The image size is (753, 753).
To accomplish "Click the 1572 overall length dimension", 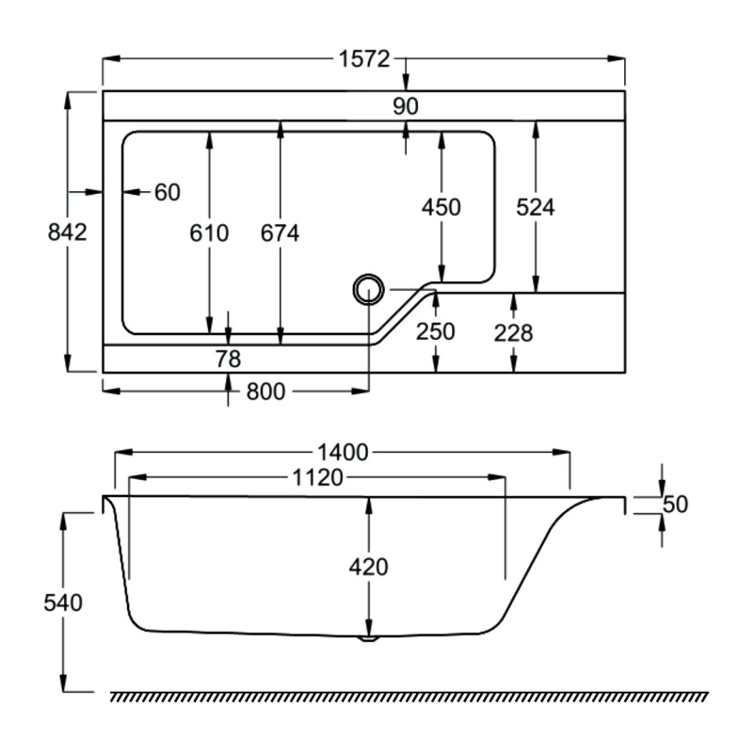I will (363, 59).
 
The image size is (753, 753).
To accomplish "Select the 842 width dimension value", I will (67, 232).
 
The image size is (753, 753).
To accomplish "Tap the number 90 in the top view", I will (405, 106).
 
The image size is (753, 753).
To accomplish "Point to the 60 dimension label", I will (167, 192).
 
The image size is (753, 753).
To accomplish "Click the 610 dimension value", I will (209, 232).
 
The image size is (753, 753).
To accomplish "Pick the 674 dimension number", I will (280, 232).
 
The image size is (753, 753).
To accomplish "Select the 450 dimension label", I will (441, 208).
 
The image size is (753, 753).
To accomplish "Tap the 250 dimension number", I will (435, 332).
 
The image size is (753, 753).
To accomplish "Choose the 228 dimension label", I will (514, 332).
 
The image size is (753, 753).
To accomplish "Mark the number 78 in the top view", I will (229, 359).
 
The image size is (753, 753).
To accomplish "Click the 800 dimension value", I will (265, 393).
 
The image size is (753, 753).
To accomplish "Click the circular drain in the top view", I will (367, 288).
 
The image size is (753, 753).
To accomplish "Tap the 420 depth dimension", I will (368, 567).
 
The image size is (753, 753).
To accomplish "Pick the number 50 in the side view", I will (675, 504).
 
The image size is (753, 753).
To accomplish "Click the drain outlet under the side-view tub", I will (369, 638).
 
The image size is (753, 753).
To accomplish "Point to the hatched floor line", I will (409, 697).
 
